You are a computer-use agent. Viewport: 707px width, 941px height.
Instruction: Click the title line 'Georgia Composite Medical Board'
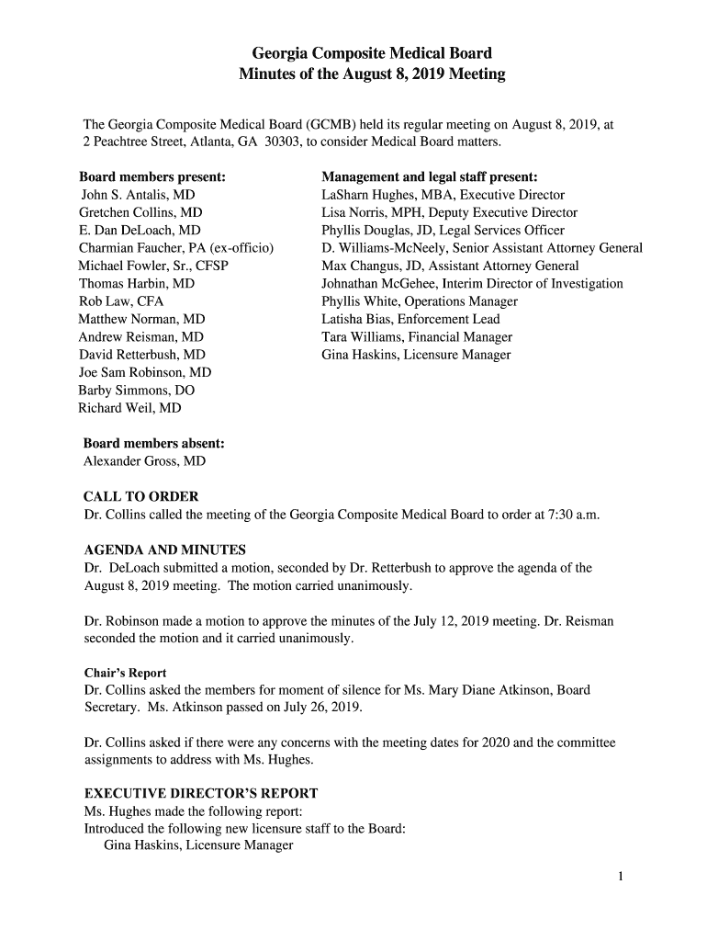pyautogui.click(x=372, y=53)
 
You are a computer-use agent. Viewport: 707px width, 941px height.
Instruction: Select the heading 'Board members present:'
pyautogui.click(x=152, y=176)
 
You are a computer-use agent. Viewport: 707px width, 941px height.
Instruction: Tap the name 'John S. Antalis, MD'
pyautogui.click(x=138, y=195)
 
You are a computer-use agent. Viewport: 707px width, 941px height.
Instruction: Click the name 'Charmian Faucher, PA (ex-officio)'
pyautogui.click(x=178, y=248)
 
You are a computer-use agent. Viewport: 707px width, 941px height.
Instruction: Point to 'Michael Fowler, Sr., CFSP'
pyautogui.click(x=153, y=266)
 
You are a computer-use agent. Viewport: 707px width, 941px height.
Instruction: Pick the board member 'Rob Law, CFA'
pyautogui.click(x=121, y=301)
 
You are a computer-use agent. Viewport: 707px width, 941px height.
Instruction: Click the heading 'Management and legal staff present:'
pyautogui.click(x=430, y=176)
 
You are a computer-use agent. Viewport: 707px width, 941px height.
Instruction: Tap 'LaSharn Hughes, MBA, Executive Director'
pyautogui.click(x=443, y=195)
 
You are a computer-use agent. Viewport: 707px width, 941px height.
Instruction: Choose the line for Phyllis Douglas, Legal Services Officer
pyautogui.click(x=443, y=231)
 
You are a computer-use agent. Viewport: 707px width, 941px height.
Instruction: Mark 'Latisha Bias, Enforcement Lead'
pyautogui.click(x=410, y=319)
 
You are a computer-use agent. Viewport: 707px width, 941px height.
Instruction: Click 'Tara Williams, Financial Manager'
pyautogui.click(x=417, y=337)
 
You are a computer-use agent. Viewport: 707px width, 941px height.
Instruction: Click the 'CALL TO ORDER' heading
pyautogui.click(x=140, y=496)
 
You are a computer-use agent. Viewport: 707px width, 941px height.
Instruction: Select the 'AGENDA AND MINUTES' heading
pyautogui.click(x=164, y=550)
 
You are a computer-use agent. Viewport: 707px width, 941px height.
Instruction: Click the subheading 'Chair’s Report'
pyautogui.click(x=125, y=673)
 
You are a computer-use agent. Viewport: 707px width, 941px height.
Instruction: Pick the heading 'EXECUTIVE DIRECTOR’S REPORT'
pyautogui.click(x=201, y=793)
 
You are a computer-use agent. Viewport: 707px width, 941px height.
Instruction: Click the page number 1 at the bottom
pyautogui.click(x=621, y=876)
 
